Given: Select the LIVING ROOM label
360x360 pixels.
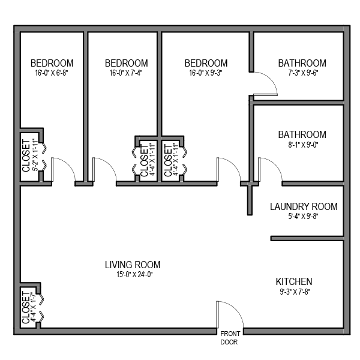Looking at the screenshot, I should [x=133, y=265].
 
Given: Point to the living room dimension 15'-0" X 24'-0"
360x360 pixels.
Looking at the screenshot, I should [x=133, y=275].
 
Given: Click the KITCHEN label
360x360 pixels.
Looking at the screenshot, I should [x=293, y=281].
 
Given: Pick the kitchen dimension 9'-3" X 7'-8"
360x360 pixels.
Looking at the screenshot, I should [x=293, y=292].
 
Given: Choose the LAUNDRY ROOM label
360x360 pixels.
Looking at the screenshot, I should [x=304, y=207].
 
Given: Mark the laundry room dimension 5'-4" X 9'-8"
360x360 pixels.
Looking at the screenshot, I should [x=304, y=217].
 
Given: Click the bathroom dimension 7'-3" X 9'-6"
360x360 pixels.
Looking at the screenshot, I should [x=302, y=73].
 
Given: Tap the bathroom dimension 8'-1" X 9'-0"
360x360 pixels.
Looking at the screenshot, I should [x=302, y=145].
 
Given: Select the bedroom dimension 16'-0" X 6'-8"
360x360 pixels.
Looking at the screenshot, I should [x=52, y=73].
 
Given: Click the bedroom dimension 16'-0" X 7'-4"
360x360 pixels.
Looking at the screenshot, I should [x=126, y=73].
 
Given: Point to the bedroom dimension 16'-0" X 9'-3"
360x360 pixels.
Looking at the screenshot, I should [x=206, y=73].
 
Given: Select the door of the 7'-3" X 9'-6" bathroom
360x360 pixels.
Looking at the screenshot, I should [x=265, y=84].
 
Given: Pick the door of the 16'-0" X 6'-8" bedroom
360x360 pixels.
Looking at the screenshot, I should [x=62, y=170].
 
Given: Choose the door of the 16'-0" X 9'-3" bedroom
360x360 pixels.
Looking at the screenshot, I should [x=228, y=170].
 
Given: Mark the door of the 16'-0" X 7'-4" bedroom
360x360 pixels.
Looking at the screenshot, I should [x=104, y=170].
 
